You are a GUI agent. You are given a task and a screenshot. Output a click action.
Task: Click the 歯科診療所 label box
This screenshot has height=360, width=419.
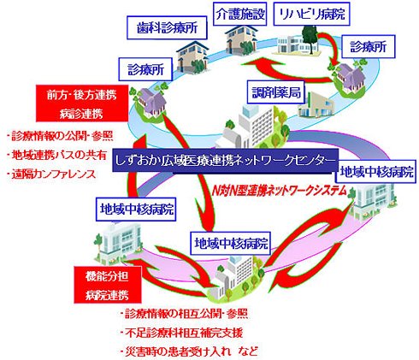point(167,27)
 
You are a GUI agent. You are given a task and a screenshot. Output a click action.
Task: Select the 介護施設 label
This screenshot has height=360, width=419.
point(240,15)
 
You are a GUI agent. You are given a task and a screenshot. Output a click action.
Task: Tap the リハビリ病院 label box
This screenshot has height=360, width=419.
point(311,15)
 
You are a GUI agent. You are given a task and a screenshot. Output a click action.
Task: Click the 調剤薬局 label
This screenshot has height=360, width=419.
point(276,92)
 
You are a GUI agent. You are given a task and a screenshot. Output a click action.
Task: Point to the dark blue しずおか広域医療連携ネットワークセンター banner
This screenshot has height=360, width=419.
point(225,160)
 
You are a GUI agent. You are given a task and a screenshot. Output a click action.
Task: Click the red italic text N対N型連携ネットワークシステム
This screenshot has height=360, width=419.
point(280,191)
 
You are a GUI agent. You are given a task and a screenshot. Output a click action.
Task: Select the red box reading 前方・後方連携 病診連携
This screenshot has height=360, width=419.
point(82,103)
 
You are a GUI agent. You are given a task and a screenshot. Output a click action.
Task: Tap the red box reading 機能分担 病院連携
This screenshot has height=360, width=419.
point(108,285)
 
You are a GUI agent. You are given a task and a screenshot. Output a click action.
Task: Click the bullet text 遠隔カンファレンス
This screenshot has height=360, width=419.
point(51,174)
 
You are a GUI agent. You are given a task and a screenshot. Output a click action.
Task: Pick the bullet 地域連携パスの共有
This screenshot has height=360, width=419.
point(56,156)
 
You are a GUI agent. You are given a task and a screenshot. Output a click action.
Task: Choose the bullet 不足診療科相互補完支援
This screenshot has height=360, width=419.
point(181,333)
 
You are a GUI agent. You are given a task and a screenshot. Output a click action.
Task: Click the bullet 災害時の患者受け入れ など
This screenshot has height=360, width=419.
point(189,351)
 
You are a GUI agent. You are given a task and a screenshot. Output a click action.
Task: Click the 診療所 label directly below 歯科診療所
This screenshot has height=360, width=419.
point(145,69)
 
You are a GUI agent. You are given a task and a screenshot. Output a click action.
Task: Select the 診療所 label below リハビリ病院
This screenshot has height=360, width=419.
point(369,47)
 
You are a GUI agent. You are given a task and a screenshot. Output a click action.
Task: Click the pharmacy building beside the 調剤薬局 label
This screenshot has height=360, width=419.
point(316,105)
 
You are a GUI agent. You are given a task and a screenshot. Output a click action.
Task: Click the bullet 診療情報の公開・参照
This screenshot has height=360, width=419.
point(60,136)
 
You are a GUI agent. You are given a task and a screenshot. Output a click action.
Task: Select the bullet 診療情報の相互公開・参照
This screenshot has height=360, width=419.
point(184,314)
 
